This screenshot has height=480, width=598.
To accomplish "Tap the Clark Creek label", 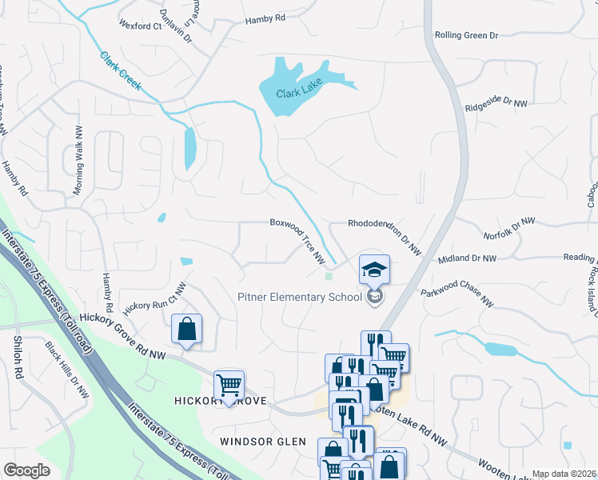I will point(121,70).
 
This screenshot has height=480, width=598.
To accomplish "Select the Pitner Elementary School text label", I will point(300,298).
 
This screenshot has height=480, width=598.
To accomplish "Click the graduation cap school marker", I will point(374,270).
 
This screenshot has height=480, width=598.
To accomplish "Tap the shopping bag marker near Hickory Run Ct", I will point(186,329).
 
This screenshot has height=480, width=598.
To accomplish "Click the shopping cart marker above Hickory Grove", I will point(229,386).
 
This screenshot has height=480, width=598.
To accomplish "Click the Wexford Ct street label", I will point(140,26).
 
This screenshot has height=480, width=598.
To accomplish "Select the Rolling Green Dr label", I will point(466,35).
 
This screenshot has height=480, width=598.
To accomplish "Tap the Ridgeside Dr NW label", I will point(496,102).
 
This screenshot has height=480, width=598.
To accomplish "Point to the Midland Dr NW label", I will point(467,258).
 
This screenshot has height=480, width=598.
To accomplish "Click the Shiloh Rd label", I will point(18,352).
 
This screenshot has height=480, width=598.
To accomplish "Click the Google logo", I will point(27,470).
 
